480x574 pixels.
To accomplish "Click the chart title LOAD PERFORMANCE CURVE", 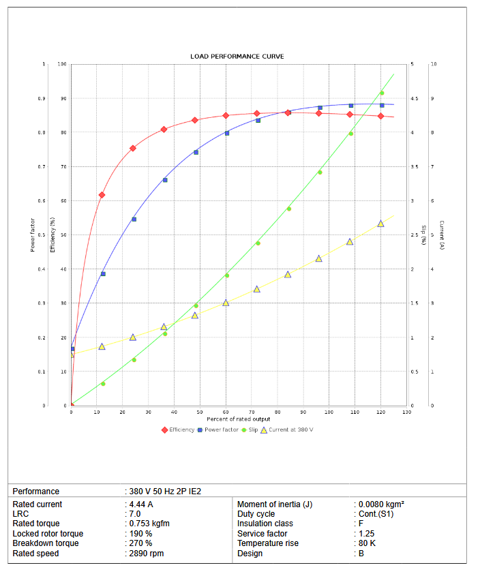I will [x=237, y=56].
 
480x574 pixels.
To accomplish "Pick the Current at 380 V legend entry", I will [x=286, y=429].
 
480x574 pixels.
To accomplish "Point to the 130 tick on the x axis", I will [x=406, y=412].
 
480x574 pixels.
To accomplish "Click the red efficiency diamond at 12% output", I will [x=102, y=195].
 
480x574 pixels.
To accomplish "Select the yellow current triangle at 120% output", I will [x=380, y=224].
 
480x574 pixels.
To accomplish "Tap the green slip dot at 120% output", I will [x=382, y=93].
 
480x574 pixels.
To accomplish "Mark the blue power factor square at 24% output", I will [x=134, y=220].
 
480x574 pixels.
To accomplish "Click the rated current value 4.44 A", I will [x=141, y=504].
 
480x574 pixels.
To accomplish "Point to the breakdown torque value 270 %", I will [x=140, y=543].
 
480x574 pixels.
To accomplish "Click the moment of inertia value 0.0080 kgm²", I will [x=381, y=504].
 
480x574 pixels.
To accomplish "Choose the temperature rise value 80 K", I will [x=367, y=543].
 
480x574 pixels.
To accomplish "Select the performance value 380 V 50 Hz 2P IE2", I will [x=165, y=491].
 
